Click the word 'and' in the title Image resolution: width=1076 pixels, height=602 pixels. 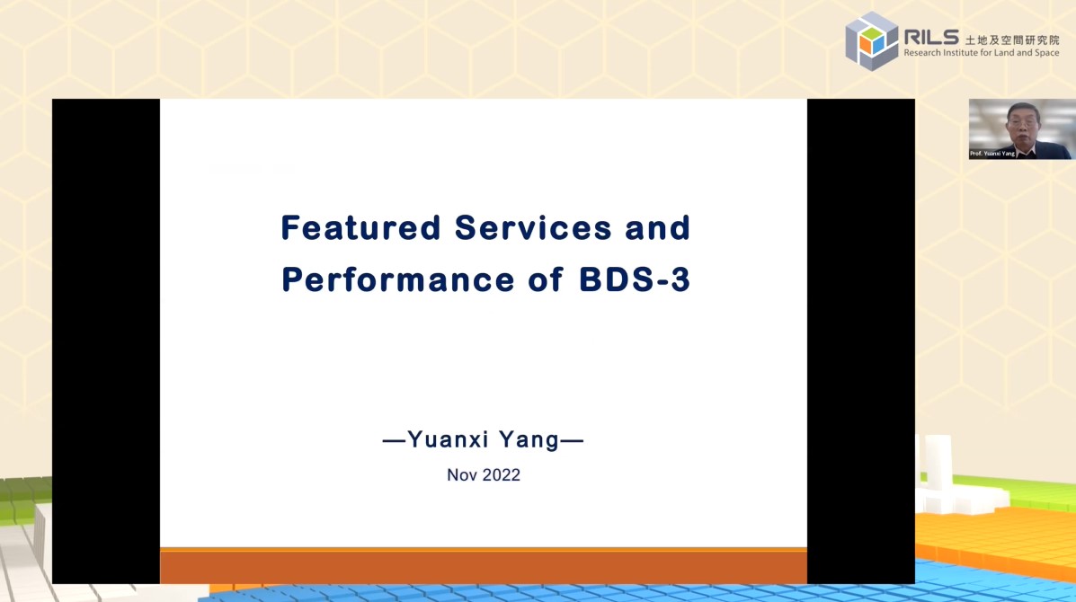[x=657, y=228]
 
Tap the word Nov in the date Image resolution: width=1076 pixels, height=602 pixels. [x=462, y=475]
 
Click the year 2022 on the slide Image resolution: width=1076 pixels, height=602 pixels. [x=501, y=475]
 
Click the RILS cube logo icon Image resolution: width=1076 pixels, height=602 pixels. [x=871, y=40]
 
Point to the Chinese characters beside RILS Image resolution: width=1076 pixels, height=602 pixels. [x=1011, y=40]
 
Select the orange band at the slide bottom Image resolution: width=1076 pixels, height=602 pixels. [x=483, y=566]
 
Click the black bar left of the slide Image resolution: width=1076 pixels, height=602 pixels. [x=106, y=341]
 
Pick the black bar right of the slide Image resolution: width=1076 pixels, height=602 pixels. [x=860, y=341]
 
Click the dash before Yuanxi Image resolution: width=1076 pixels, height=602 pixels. [x=395, y=441]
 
